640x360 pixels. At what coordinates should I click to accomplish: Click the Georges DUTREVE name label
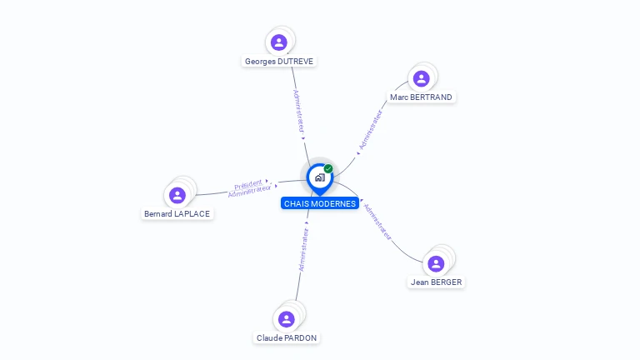(x=279, y=62)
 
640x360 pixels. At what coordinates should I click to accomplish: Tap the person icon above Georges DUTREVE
(x=279, y=42)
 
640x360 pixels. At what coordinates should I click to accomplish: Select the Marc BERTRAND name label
(x=421, y=97)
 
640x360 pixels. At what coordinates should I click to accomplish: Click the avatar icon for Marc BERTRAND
(x=421, y=79)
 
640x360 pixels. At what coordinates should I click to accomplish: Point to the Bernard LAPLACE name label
(x=177, y=214)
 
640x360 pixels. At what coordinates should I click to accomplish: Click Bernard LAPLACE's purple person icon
(x=177, y=196)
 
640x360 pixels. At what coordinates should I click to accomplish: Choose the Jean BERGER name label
(x=436, y=282)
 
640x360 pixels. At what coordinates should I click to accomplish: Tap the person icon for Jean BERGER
(x=436, y=264)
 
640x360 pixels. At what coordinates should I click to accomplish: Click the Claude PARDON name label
(x=287, y=338)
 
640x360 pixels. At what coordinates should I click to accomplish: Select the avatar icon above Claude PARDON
(x=287, y=319)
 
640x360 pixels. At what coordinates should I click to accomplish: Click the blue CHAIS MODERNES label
(x=320, y=204)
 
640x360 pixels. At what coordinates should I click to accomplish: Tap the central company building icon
(x=319, y=177)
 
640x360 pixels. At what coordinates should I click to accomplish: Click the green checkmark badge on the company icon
(x=328, y=169)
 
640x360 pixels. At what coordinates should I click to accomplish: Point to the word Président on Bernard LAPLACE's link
(x=248, y=184)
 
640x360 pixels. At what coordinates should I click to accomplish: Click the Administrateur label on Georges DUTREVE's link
(x=298, y=112)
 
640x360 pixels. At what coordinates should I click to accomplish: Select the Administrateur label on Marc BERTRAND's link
(x=371, y=130)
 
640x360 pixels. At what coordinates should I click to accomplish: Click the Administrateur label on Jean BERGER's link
(x=377, y=221)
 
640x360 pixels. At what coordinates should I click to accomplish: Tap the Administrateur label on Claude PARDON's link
(x=303, y=249)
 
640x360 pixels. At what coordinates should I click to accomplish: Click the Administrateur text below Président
(x=249, y=192)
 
